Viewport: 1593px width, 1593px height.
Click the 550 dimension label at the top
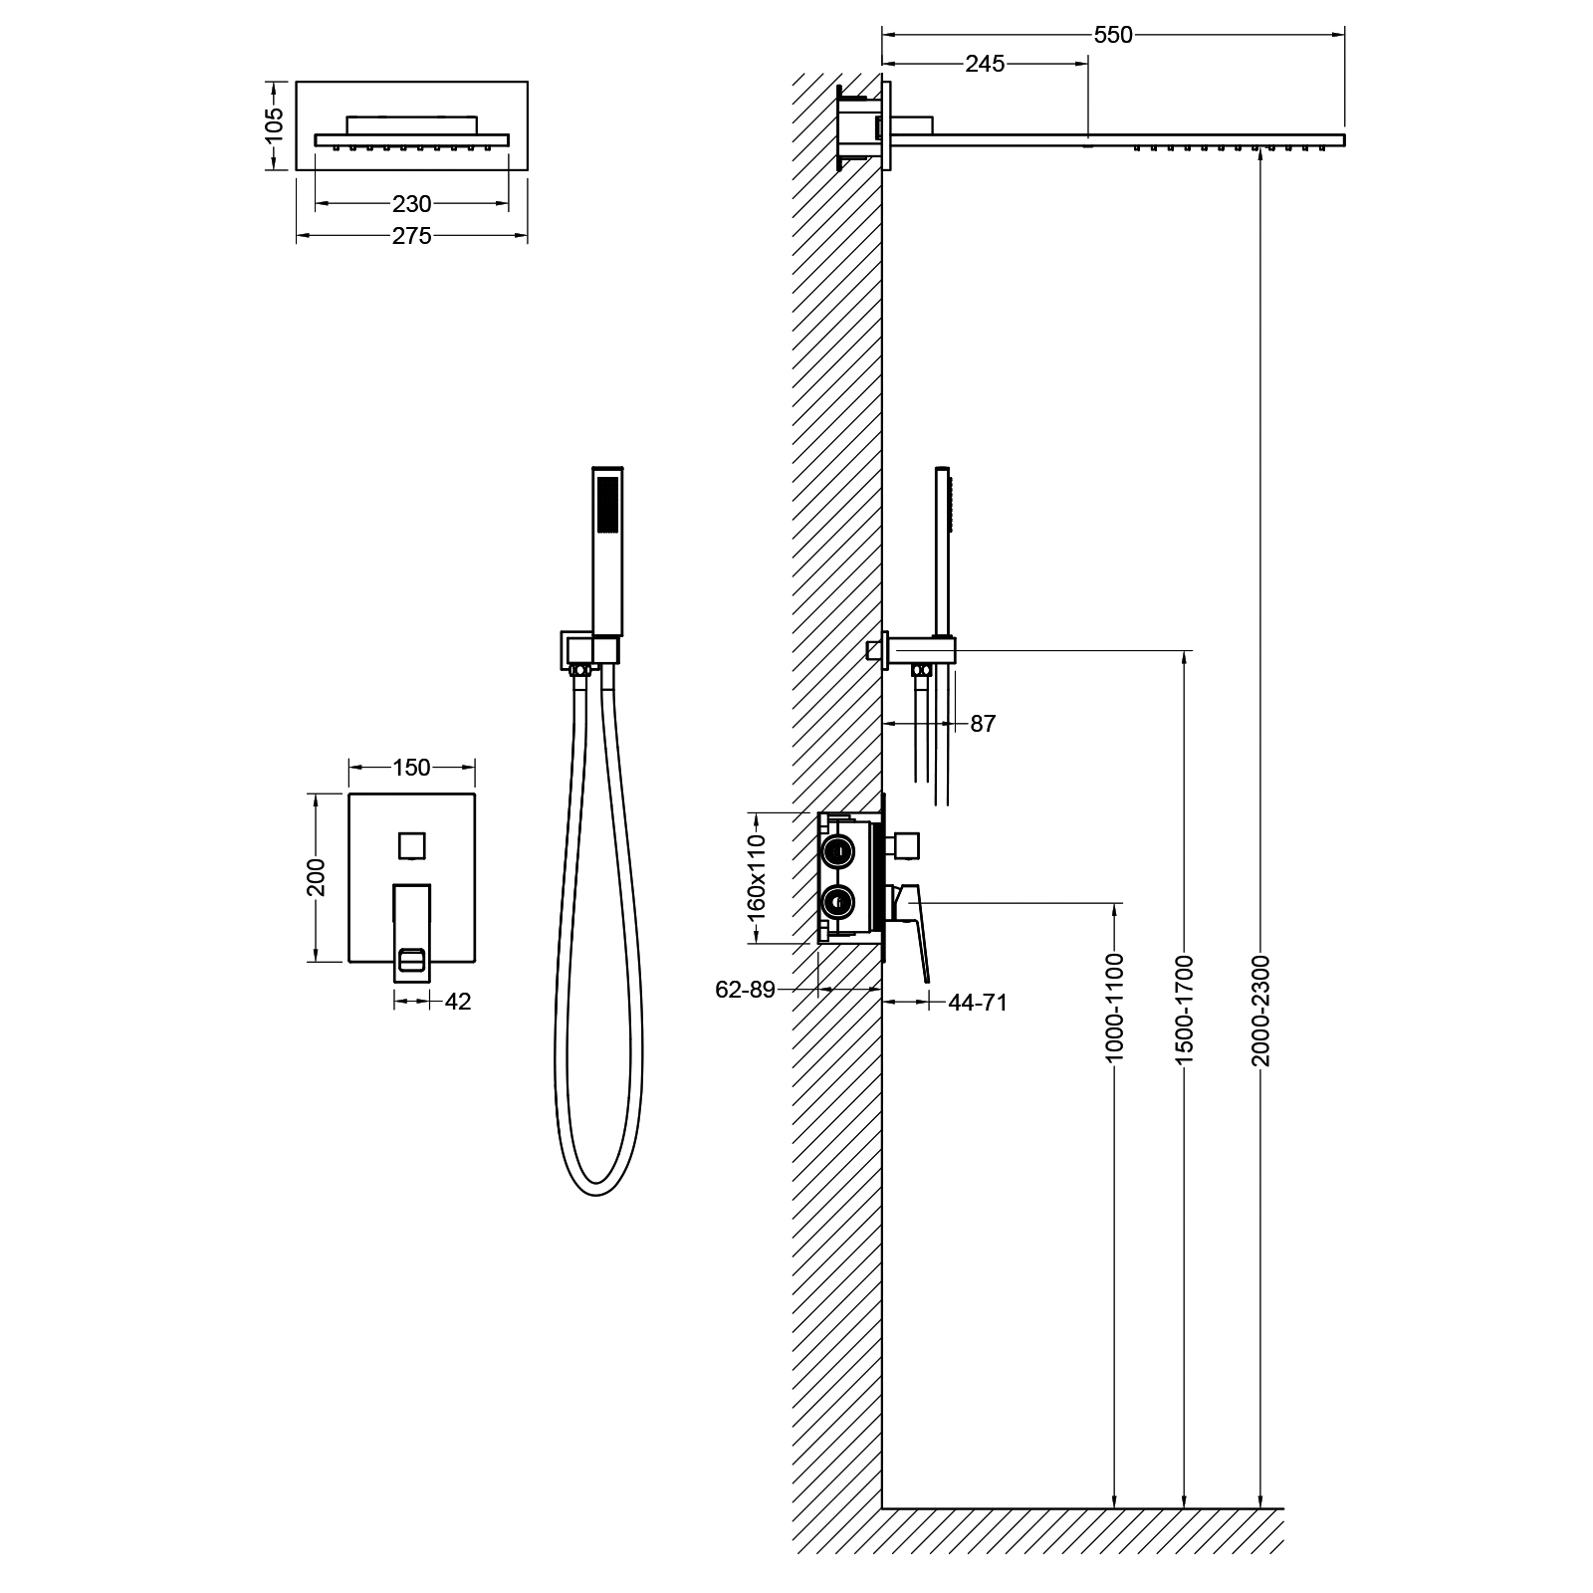pyautogui.click(x=1113, y=35)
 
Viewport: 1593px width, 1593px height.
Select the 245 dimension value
pyautogui.click(x=985, y=65)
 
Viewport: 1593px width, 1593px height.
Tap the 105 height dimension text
pyautogui.click(x=276, y=125)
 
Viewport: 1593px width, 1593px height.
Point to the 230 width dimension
pyautogui.click(x=411, y=204)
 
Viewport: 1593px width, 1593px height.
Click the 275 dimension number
pyautogui.click(x=411, y=236)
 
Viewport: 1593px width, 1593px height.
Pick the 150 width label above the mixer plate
pyautogui.click(x=411, y=768)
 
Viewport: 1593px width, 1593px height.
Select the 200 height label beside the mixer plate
pyautogui.click(x=317, y=877)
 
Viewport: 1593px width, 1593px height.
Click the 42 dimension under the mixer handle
pyautogui.click(x=457, y=1002)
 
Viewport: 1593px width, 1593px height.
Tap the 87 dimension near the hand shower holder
pyautogui.click(x=983, y=724)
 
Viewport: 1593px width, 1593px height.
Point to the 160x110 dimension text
pyautogui.click(x=758, y=876)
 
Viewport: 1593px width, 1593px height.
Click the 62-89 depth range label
pyautogui.click(x=745, y=990)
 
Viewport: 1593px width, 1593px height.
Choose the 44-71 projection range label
pyautogui.click(x=978, y=1003)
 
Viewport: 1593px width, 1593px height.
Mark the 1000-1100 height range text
pyautogui.click(x=1114, y=1007)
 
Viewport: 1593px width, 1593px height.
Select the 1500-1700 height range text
pyautogui.click(x=1184, y=1010)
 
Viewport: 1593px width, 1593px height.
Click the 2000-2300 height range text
pyautogui.click(x=1261, y=1010)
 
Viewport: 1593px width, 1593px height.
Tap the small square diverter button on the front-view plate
pyautogui.click(x=411, y=845)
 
